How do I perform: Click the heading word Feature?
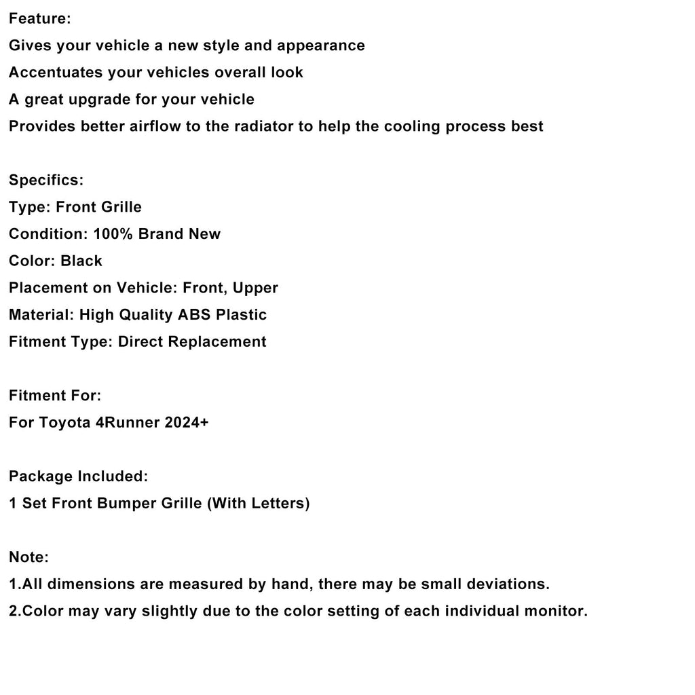click(x=39, y=19)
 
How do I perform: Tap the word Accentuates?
click(x=56, y=73)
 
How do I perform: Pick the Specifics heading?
click(x=46, y=181)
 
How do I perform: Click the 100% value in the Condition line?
click(x=113, y=234)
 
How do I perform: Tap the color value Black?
click(x=81, y=261)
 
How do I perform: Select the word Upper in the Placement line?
click(x=255, y=288)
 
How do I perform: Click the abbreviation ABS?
click(x=195, y=315)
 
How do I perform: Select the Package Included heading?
click(x=78, y=476)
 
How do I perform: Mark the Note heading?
click(x=29, y=557)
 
